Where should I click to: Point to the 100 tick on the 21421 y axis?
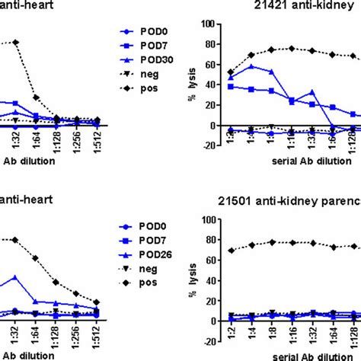206,24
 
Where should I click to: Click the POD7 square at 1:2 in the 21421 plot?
231,87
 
